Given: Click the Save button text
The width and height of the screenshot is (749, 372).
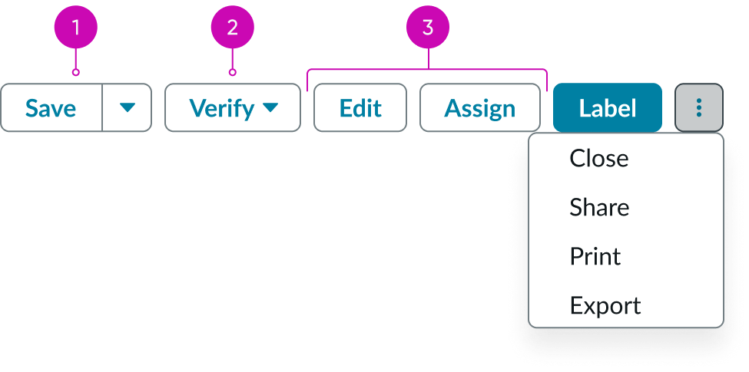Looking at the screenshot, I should [x=51, y=108].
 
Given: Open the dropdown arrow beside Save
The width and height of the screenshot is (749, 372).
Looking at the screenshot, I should [x=127, y=108].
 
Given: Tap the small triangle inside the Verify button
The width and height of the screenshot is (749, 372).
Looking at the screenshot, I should [x=270, y=108].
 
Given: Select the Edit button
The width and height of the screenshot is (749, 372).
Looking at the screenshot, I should [x=360, y=108].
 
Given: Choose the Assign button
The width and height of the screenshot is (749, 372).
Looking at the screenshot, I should [x=479, y=108].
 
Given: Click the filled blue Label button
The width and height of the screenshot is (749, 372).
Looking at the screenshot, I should [x=607, y=108].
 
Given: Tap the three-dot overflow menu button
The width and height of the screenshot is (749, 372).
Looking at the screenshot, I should [x=698, y=107].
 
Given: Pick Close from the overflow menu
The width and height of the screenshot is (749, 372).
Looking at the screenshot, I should [x=599, y=158].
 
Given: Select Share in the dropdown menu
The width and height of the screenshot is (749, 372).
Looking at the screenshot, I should [x=599, y=207].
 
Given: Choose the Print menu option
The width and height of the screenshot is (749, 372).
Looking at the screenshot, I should [x=595, y=256].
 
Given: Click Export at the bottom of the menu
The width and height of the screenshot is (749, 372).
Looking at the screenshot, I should [x=605, y=305].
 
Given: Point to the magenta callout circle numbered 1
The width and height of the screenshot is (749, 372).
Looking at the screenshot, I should [x=75, y=27].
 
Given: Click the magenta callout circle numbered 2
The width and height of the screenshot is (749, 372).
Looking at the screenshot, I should [x=233, y=27].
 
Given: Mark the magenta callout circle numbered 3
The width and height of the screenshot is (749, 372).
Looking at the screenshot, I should [x=428, y=27].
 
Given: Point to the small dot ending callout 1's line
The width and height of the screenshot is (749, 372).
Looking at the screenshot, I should [x=75, y=74].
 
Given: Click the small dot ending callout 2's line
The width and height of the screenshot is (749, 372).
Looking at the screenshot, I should [x=233, y=74].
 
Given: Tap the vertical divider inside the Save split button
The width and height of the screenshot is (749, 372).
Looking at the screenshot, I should [x=101, y=108].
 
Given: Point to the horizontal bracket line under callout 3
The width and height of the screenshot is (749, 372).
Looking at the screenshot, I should [x=369, y=70].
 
